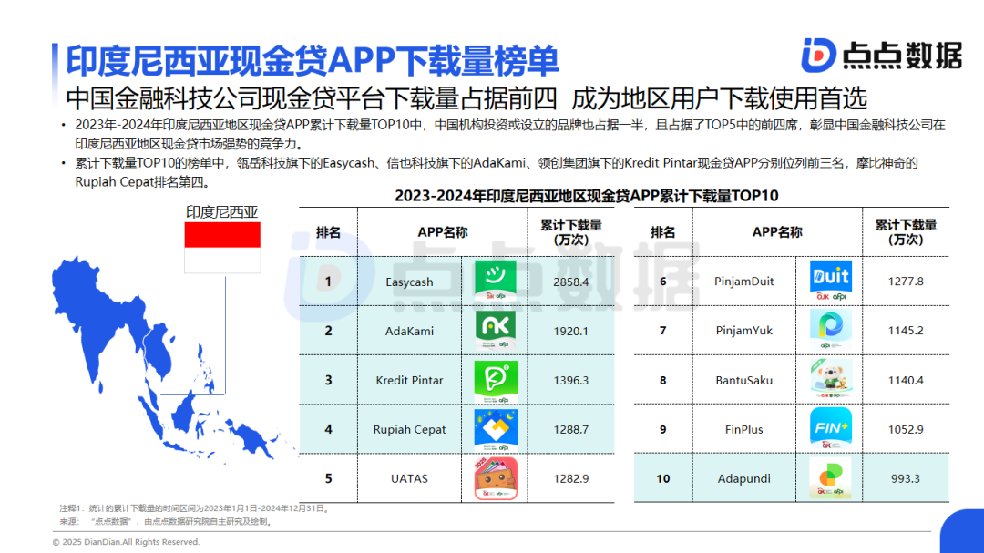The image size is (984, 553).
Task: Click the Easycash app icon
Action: point(496,280)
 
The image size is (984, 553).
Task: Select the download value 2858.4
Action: point(571,282)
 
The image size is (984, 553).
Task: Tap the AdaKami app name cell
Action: point(409,331)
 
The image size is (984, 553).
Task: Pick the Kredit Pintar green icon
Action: point(496,381)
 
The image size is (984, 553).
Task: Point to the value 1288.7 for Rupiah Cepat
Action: point(571,429)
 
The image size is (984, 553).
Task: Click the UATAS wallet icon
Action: point(496,478)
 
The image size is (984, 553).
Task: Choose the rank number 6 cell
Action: point(662,282)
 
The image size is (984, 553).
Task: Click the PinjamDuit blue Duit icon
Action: point(831,280)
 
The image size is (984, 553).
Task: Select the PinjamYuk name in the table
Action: point(744,330)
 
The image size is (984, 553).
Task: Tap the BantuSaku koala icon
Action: point(831,379)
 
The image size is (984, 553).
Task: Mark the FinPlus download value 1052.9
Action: point(906,429)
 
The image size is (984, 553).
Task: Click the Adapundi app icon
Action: point(830,478)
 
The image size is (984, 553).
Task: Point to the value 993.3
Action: point(906,478)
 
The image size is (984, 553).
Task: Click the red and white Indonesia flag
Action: point(222,247)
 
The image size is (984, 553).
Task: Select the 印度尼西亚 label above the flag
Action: point(222,212)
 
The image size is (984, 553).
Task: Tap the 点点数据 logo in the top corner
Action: point(882,56)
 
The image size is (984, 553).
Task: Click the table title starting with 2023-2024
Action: point(586,196)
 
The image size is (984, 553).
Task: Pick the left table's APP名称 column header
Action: point(443,232)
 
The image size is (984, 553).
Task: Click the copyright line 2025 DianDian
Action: point(126,542)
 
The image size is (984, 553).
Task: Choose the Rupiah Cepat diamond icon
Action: point(496,429)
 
